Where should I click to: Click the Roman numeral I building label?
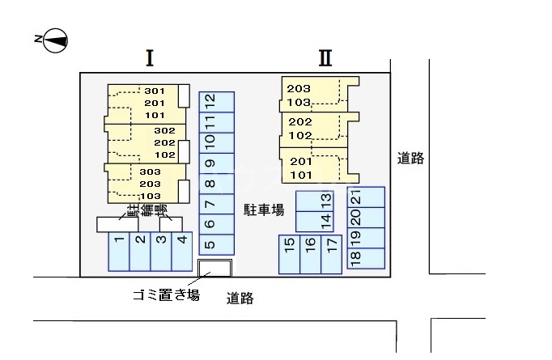coord(150,57)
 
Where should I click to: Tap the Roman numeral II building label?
coord(325,57)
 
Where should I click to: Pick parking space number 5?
coord(210,244)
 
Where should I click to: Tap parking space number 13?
coord(325,199)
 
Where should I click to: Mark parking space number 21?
coord(356,197)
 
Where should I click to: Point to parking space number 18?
coord(356,258)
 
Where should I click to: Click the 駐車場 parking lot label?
coord(264,210)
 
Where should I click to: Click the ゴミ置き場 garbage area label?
coord(166,295)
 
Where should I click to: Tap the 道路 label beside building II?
coord(411,159)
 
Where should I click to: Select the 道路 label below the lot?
coord(240,299)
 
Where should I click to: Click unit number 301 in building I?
coord(155,91)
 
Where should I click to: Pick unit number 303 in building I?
coord(150,172)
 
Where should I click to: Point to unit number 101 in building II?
coord(300,175)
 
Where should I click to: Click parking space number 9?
coord(210,164)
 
